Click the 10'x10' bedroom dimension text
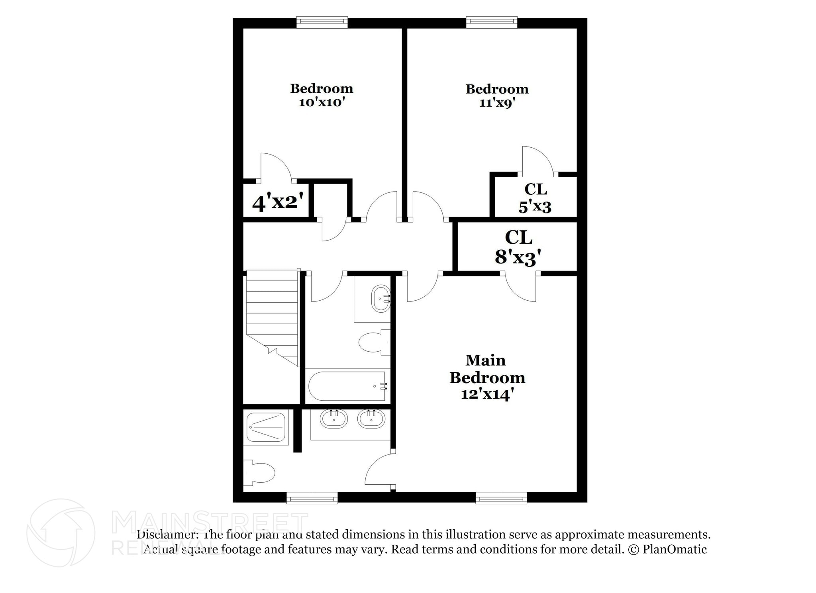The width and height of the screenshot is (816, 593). tap(321, 102)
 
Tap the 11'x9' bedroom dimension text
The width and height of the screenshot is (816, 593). tap(497, 103)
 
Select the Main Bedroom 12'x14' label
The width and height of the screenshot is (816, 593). tap(487, 377)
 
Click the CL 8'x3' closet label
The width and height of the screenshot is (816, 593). tap(518, 247)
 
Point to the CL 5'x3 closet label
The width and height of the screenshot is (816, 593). tap(535, 198)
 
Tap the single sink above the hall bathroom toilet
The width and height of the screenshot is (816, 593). tap(381, 299)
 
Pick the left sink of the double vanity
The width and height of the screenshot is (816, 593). tap(333, 419)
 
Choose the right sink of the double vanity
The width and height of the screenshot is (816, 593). tap(371, 419)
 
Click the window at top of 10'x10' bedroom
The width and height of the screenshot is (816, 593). tap(322, 22)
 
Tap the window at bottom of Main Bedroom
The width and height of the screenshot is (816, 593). tap(501, 498)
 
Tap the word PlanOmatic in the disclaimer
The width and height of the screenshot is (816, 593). tap(675, 550)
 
